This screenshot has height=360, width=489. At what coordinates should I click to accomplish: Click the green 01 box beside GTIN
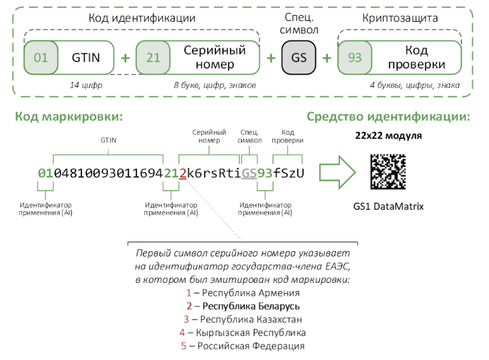point(41,58)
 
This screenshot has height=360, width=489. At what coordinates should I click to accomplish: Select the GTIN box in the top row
point(86,58)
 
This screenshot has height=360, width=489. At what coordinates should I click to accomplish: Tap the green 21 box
point(153,58)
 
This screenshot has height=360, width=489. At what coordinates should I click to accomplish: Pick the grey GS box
point(299,58)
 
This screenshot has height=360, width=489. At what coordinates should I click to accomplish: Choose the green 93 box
point(354,58)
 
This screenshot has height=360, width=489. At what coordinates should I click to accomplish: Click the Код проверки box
point(416,58)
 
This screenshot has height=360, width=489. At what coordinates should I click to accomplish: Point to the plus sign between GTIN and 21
point(125,58)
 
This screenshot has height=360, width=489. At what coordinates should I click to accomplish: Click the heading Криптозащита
point(399,18)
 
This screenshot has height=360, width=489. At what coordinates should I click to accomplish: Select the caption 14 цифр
point(86,86)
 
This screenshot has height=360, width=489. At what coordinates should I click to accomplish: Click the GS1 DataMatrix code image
point(388,172)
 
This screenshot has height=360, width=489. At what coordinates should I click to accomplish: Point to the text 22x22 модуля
point(388,136)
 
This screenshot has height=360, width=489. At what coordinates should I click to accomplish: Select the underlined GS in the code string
point(250,174)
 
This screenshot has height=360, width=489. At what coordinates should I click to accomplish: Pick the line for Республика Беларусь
point(243,306)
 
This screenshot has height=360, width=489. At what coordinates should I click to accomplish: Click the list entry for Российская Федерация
point(243,346)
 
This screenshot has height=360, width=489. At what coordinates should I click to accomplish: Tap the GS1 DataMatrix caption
point(388,206)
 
